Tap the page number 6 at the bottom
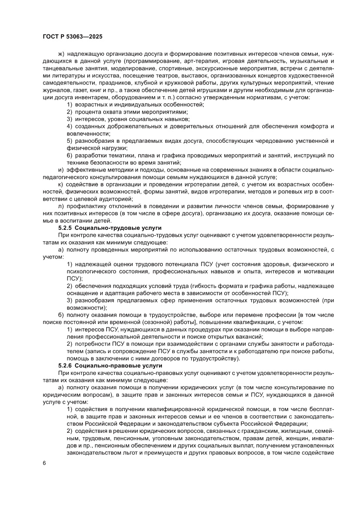click(x=44, y=475)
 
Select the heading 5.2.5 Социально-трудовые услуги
click(x=110, y=227)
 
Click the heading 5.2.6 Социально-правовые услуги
click(x=110, y=365)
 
